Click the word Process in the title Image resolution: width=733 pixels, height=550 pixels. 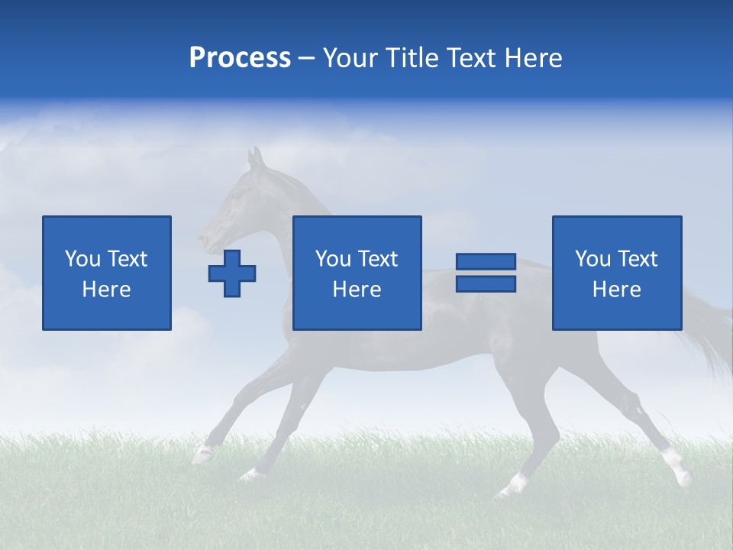coord(240,58)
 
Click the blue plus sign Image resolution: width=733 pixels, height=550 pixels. coord(232,273)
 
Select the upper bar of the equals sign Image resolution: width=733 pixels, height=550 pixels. coord(486,262)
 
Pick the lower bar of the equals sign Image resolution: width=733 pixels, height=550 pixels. coord(486,283)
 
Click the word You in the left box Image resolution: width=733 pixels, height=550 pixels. coord(82,259)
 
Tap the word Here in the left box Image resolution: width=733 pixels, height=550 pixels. coord(106,290)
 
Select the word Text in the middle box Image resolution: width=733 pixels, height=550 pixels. coord(378,259)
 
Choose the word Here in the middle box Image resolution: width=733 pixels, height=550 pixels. coord(357,290)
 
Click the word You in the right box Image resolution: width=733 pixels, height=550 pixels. coord(593,259)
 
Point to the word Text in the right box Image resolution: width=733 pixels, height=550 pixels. coord(638,259)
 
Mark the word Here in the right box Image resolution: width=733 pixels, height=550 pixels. coord(616,290)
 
